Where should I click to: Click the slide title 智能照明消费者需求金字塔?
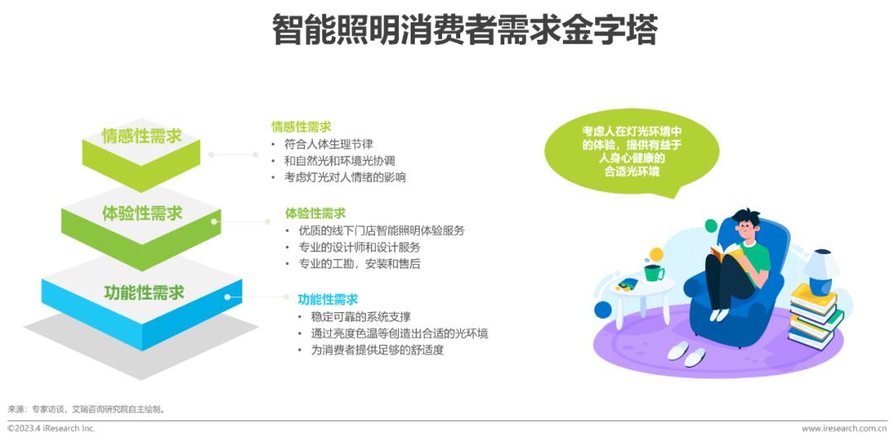pyautogui.click(x=464, y=31)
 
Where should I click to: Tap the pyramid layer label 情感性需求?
pyautogui.click(x=142, y=136)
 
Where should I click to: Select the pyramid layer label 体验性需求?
pyautogui.click(x=142, y=214)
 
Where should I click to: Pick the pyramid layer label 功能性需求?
pyautogui.click(x=144, y=292)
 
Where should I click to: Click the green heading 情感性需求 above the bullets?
pyautogui.click(x=301, y=126)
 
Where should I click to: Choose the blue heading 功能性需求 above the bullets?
pyautogui.click(x=328, y=299)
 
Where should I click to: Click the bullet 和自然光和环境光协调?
pyautogui.click(x=340, y=161)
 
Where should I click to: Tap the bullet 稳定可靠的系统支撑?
pyautogui.click(x=361, y=316)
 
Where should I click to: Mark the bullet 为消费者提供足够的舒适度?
pyautogui.click(x=377, y=350)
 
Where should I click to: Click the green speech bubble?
pyautogui.click(x=631, y=151)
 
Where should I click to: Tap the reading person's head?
pyautogui.click(x=747, y=224)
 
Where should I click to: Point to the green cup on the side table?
pyautogui.click(x=653, y=272)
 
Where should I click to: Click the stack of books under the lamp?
pyautogui.click(x=815, y=316)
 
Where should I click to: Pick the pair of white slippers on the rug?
pyautogui.click(x=686, y=353)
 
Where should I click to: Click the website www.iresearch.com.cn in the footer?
pyautogui.click(x=844, y=428)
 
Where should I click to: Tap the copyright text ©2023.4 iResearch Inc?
pyautogui.click(x=51, y=428)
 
